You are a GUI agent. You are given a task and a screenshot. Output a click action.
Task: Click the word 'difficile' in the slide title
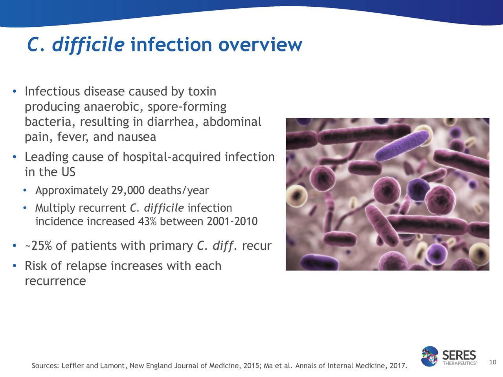88,45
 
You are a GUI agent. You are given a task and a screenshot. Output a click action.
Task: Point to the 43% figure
147,221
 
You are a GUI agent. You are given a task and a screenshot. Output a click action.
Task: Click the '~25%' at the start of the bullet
38,246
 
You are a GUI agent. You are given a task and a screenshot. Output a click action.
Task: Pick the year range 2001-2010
232,221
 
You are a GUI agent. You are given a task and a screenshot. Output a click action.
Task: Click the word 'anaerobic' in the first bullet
114,107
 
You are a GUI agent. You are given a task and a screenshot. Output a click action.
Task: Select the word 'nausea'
137,137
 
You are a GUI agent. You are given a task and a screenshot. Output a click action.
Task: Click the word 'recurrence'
55,281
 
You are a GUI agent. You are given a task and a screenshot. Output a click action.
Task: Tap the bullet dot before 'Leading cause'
15,157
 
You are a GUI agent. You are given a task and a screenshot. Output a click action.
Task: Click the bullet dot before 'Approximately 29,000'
25,190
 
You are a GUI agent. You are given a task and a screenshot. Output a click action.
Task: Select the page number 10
492,362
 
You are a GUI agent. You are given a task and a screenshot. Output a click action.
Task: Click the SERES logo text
459,355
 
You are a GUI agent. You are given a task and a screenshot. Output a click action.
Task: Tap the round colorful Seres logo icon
430,356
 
